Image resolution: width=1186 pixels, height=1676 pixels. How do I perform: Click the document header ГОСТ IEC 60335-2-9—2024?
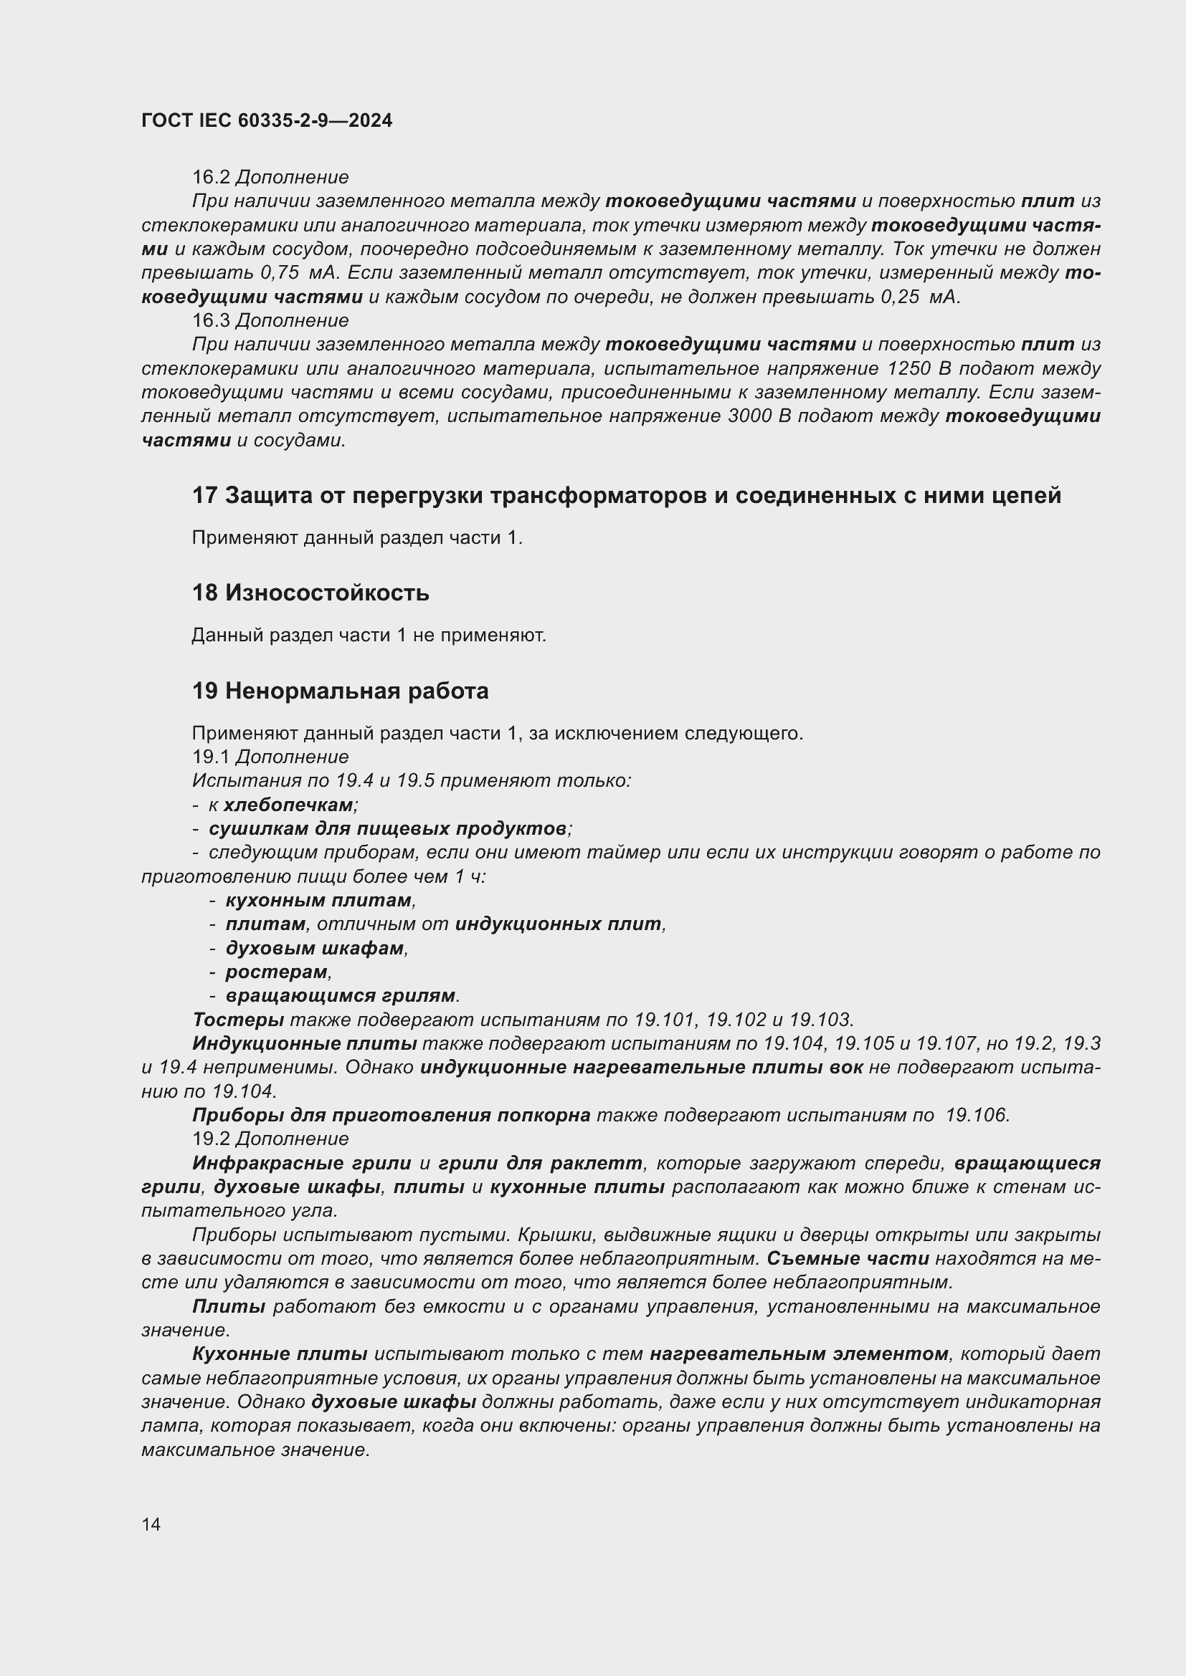click(267, 120)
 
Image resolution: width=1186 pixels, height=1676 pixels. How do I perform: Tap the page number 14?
click(151, 1524)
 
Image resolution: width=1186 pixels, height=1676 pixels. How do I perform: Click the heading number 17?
click(204, 496)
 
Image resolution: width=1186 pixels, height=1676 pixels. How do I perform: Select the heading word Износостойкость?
click(326, 593)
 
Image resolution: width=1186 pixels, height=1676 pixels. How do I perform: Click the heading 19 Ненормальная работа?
click(341, 691)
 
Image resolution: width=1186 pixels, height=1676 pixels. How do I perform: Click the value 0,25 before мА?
click(900, 297)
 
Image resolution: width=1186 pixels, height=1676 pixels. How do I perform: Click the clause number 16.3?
click(211, 320)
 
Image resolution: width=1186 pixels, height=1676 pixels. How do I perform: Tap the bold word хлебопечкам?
click(288, 805)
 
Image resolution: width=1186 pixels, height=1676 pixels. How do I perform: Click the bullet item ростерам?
click(276, 972)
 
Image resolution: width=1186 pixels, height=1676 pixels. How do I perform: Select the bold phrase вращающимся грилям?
click(341, 996)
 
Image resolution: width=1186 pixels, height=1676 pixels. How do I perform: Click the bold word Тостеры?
click(238, 1020)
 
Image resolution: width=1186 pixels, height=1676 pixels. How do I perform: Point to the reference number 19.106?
click(977, 1116)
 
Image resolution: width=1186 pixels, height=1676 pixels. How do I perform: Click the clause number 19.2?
click(211, 1139)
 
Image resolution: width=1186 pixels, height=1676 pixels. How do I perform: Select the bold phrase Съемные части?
click(848, 1258)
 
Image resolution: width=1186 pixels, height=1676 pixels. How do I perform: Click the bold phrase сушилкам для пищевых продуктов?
click(388, 828)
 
